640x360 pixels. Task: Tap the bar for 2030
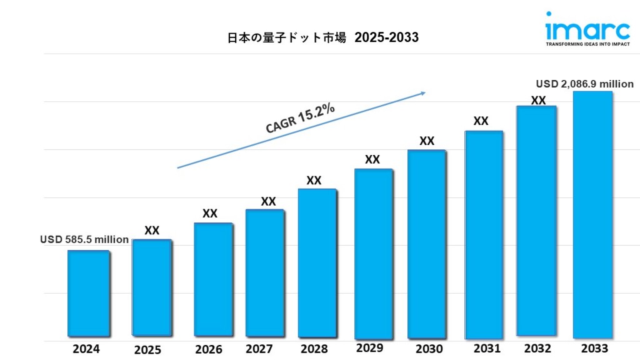pos(427,244)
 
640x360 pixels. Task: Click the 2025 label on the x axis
pos(147,349)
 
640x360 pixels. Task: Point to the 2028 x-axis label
pos(314,349)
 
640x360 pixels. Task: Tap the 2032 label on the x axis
pos(537,348)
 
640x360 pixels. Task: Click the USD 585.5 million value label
pos(84,239)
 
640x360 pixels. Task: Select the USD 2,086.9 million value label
pos(585,84)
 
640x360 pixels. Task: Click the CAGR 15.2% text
pos(300,118)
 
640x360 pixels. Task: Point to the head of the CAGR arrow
pos(424,93)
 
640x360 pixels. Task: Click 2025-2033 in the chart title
pos(386,37)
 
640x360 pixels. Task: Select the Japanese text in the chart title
pos(287,37)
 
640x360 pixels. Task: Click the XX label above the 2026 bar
pos(210,214)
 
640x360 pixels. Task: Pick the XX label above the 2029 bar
pos(372,160)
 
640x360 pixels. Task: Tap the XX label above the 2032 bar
pos(538,100)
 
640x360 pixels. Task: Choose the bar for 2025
pos(152,287)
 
